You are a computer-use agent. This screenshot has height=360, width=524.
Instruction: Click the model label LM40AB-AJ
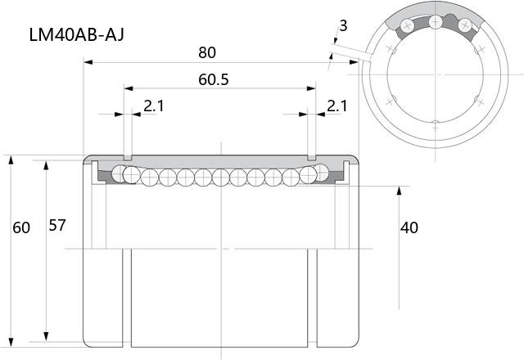point(76,34)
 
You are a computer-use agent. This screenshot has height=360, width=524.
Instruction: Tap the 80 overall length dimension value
point(207,52)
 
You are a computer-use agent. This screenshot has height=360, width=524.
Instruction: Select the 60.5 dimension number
point(214,79)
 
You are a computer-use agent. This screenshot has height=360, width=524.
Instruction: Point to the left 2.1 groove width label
point(154,106)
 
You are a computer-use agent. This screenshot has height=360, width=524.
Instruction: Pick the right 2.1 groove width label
point(337,106)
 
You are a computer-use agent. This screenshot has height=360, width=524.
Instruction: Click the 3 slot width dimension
point(343,25)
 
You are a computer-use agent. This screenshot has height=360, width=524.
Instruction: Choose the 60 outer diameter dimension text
point(21,227)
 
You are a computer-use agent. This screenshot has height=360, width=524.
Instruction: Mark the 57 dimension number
point(57,226)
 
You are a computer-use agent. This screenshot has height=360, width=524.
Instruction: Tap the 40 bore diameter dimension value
point(409,227)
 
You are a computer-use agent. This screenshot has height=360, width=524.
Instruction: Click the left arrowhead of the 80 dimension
point(88,62)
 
